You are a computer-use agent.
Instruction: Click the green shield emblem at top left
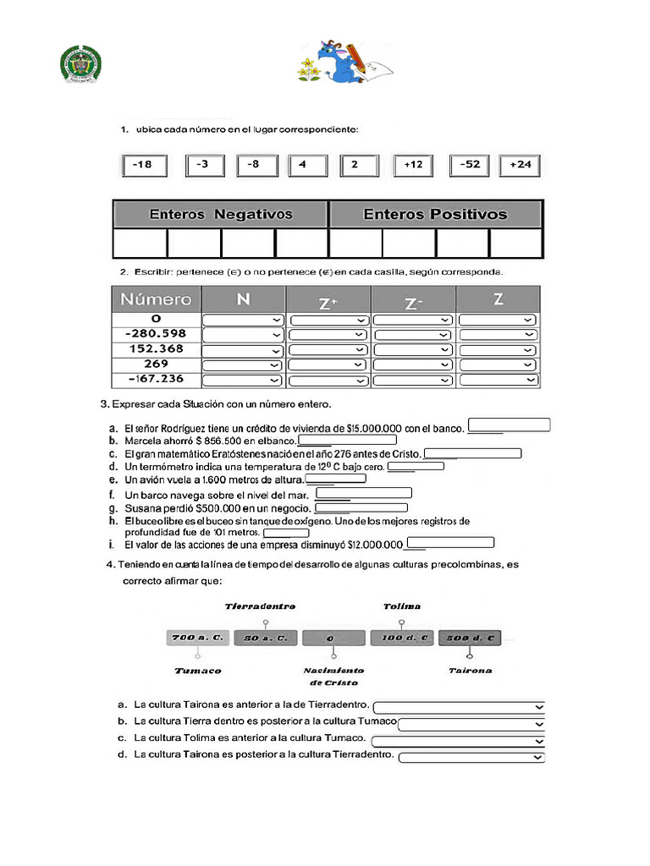80,64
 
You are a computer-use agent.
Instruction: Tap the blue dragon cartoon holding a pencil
339,62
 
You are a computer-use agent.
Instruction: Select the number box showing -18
143,165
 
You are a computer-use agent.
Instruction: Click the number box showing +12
413,165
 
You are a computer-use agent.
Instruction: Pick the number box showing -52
470,165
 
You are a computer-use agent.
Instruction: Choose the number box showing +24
521,165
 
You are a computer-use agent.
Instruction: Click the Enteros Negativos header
220,214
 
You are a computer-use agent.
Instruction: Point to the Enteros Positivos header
435,214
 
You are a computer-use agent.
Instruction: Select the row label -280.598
156,334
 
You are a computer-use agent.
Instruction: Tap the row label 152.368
156,349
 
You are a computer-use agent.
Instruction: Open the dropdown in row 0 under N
243,320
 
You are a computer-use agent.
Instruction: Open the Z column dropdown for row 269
497,364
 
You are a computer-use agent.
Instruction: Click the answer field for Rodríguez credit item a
510,425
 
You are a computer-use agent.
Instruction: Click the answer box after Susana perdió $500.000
361,508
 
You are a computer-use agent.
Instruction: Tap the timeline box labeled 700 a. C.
197,638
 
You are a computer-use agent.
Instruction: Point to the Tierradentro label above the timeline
260,606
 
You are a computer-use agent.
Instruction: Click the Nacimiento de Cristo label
333,676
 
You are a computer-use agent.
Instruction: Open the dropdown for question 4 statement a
460,706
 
